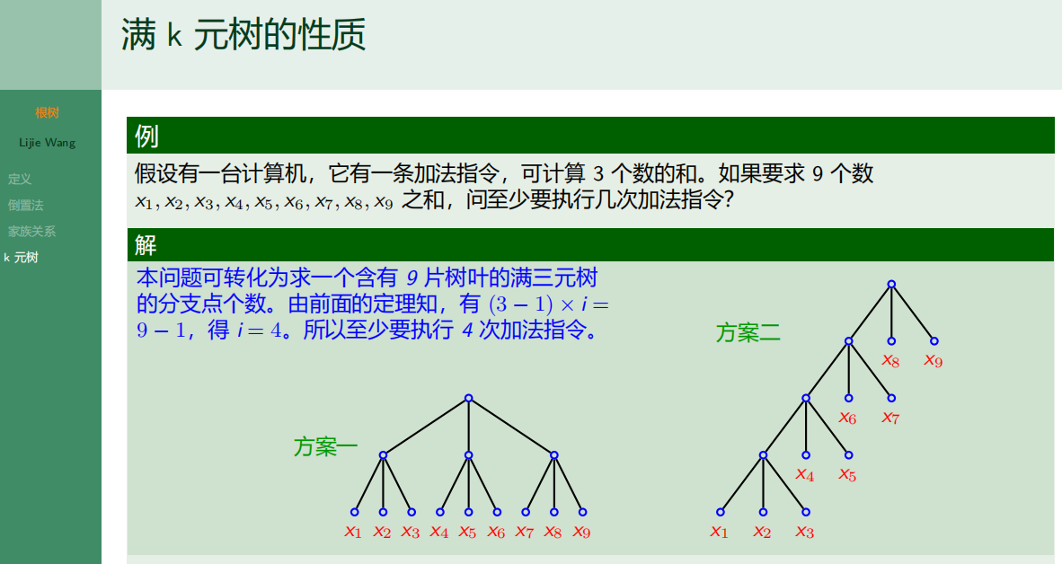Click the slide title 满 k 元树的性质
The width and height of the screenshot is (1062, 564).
243,36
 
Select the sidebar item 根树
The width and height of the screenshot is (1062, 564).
48,113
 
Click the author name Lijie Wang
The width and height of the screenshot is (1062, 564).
48,143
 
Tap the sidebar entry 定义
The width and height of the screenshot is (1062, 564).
20,180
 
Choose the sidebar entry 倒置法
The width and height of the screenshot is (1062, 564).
25,206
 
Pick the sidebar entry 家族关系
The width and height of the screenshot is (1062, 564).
31,232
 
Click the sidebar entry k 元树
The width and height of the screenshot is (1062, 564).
22,258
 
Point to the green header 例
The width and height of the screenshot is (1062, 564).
146,137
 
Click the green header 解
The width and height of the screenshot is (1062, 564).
146,244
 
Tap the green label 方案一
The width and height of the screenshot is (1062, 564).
325,446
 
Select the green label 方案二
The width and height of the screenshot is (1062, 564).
748,333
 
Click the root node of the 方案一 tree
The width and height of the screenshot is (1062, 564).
468,398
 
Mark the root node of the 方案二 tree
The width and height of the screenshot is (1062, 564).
891,284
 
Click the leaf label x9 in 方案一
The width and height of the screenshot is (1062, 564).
582,532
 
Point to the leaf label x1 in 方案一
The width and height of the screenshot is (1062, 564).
353,532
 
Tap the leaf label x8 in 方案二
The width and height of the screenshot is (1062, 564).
890,361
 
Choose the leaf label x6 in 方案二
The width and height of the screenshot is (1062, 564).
847,418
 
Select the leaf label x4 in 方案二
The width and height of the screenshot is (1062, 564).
804,474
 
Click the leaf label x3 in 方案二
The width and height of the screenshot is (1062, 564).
804,532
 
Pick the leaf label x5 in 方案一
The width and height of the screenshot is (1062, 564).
467,532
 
